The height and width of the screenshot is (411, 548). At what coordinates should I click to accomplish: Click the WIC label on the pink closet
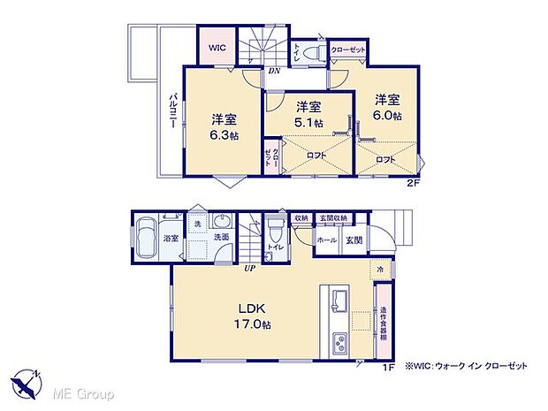coord(217,48)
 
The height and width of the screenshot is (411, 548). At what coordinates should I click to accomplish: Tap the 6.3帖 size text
coord(224,135)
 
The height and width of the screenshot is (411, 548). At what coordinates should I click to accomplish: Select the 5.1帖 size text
coord(308,123)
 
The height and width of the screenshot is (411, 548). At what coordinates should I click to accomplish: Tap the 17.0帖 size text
coord(252,324)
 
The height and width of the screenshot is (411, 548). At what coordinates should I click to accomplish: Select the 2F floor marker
coord(413,183)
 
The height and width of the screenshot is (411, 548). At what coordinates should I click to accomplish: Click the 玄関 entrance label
coord(354,240)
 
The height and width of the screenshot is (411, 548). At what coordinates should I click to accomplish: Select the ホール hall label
coord(326,240)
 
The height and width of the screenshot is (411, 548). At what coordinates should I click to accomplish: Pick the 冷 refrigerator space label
coord(380,270)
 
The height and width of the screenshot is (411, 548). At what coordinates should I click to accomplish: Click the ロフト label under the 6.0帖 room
coord(384,159)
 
